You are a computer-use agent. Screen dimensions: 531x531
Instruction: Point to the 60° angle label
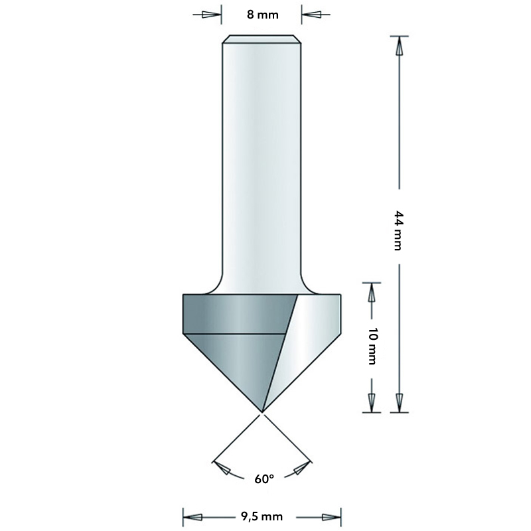[x=264, y=478]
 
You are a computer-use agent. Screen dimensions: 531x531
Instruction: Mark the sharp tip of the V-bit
[x=263, y=412]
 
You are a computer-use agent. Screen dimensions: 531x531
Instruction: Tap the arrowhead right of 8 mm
[x=311, y=15]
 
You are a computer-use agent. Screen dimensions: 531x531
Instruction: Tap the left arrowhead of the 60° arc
[x=224, y=469]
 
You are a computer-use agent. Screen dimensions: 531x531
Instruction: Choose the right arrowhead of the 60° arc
[x=301, y=469]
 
